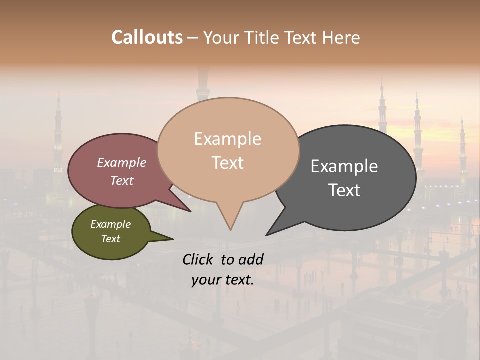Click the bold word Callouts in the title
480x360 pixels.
point(147,37)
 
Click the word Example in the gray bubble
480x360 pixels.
point(344,166)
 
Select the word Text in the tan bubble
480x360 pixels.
point(228,163)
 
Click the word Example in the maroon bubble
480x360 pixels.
point(122,163)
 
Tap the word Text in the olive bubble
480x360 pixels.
point(111,239)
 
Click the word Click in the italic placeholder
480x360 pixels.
point(199,259)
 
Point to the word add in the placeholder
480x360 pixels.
point(251,259)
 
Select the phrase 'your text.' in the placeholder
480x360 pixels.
point(223,280)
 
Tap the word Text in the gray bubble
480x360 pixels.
point(345,190)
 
